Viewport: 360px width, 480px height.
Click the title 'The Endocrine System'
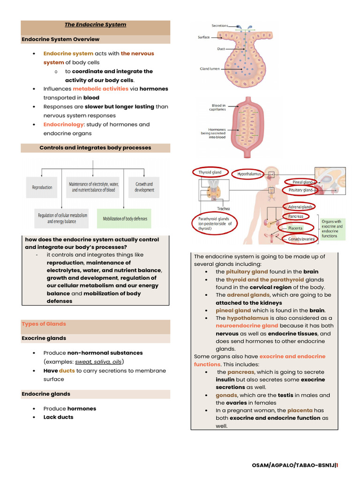point(95,24)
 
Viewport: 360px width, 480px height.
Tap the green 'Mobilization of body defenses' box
point(125,218)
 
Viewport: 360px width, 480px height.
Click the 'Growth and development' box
point(144,187)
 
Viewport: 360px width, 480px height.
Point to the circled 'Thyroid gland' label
point(210,172)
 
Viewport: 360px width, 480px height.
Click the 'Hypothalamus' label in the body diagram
point(249,174)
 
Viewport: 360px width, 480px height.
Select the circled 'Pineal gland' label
point(302,182)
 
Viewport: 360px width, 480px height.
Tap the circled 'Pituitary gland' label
point(300,190)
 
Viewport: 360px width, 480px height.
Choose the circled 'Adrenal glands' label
point(300,207)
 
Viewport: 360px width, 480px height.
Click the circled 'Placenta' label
point(295,228)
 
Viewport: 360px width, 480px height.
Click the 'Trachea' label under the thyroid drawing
point(223,209)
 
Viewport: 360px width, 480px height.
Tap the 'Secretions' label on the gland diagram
point(219,25)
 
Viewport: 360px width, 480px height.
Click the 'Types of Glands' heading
point(44,324)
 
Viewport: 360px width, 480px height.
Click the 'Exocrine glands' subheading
point(44,338)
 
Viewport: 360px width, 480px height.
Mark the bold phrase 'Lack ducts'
point(58,417)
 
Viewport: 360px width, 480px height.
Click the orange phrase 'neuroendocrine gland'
point(240,325)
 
